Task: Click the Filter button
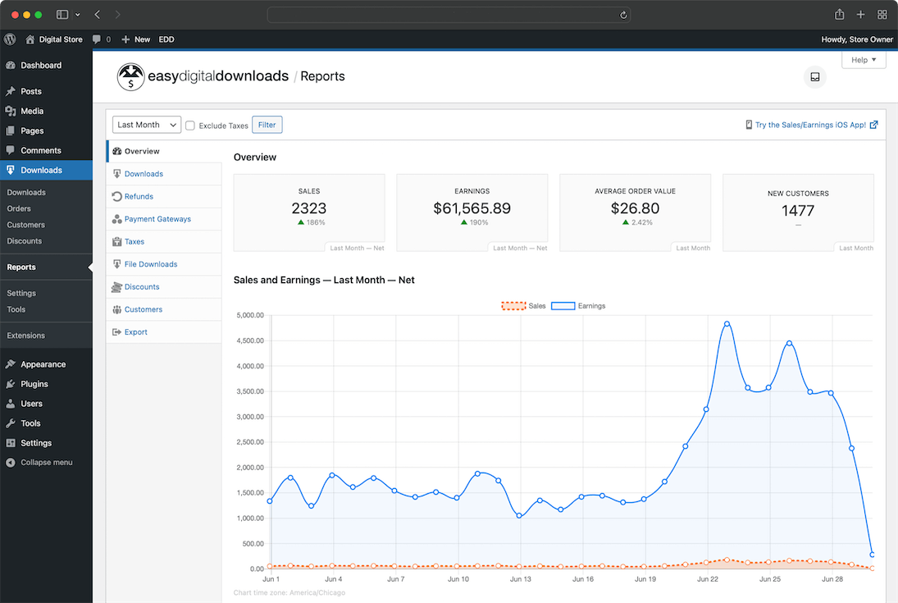[x=267, y=125]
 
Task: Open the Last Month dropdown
[x=147, y=125]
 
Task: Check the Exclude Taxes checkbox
[x=190, y=126]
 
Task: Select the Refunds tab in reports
[x=139, y=197]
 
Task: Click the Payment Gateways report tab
[x=157, y=219]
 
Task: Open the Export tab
[x=135, y=332]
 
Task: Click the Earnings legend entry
[x=578, y=306]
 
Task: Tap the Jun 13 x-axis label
[x=521, y=579]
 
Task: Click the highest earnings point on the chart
[x=727, y=324]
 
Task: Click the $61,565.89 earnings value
[x=472, y=208]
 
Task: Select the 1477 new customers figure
[x=798, y=211]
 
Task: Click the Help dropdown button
[x=864, y=60]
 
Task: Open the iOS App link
[x=810, y=125]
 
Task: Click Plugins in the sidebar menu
[x=34, y=384]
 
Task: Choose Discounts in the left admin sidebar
[x=25, y=241]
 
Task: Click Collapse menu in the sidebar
[x=46, y=463]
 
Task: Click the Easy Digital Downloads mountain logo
[x=130, y=76]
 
